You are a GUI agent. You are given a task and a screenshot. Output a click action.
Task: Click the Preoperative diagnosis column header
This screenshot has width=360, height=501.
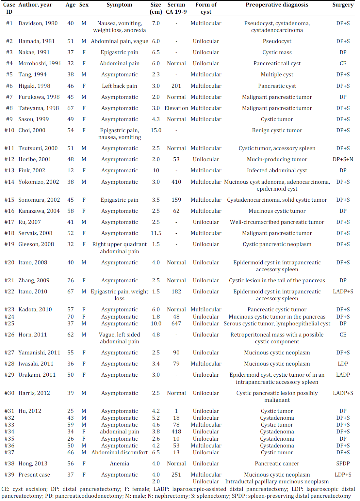(x=277, y=5)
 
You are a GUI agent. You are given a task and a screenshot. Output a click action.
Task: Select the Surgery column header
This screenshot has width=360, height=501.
(x=343, y=5)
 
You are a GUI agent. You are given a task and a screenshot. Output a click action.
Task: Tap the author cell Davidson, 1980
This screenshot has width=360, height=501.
(x=38, y=23)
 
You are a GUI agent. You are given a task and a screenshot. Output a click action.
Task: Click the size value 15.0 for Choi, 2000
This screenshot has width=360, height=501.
(x=156, y=131)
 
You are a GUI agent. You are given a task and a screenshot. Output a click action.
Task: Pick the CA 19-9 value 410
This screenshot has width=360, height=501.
(x=176, y=182)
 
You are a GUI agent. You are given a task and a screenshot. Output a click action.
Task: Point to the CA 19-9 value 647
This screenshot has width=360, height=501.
(x=176, y=324)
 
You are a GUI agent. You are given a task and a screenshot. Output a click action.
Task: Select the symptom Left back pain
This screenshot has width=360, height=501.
(x=119, y=86)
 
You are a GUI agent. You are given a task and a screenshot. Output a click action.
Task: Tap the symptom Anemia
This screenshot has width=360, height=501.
(x=119, y=464)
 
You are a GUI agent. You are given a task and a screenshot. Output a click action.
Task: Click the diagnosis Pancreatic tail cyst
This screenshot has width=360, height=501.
(x=277, y=64)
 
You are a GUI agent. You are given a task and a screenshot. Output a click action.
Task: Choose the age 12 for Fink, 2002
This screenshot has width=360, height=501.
(x=71, y=171)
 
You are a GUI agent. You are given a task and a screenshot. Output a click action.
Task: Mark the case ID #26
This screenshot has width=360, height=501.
(x=9, y=335)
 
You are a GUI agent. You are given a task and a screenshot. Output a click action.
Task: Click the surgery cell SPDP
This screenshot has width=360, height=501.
(x=343, y=464)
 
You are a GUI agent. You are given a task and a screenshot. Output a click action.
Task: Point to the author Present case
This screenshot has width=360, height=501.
(x=34, y=475)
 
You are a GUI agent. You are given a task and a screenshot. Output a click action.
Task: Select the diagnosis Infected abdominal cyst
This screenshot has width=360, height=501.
(x=277, y=171)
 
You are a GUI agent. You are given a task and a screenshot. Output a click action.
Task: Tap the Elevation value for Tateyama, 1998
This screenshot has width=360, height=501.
(x=176, y=108)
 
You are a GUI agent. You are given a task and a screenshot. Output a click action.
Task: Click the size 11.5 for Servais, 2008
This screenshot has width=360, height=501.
(x=156, y=233)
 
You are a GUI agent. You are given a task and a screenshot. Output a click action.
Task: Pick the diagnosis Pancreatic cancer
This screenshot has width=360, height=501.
(x=277, y=464)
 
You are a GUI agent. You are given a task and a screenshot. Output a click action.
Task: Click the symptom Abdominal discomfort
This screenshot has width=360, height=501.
(x=119, y=453)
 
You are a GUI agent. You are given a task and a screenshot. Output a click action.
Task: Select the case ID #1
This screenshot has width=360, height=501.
(x=9, y=23)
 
